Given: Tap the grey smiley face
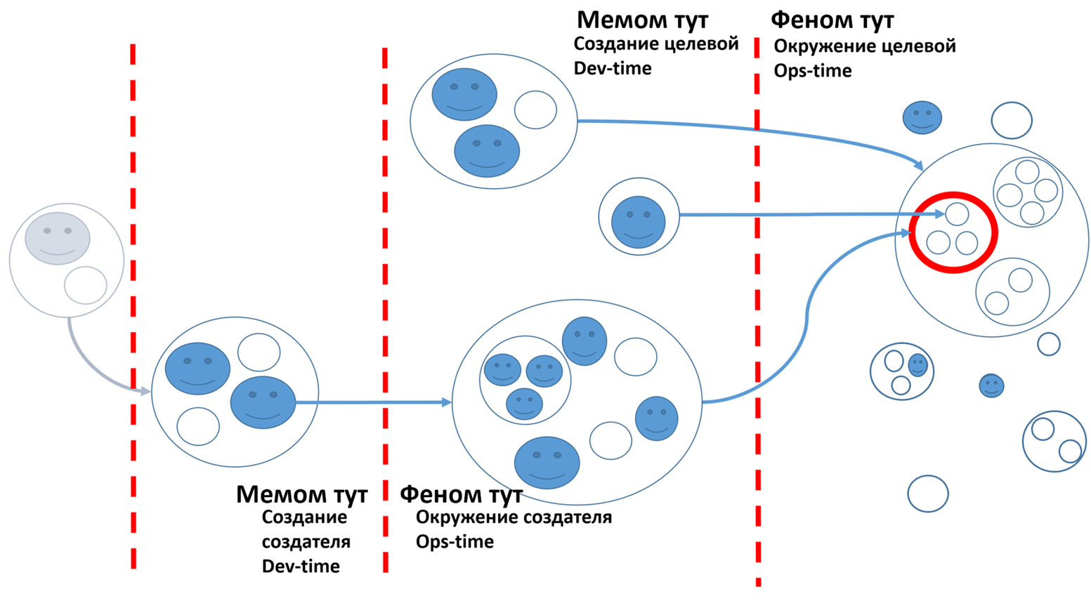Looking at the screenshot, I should [x=58, y=238].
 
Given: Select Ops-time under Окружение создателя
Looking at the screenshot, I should [x=455, y=541].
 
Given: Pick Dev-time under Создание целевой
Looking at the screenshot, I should [x=613, y=68].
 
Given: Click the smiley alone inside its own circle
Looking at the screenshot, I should [x=638, y=222].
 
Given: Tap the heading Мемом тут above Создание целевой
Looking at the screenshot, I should [x=642, y=19].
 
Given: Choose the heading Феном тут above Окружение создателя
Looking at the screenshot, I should [x=461, y=494].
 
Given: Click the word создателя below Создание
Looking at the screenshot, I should [x=306, y=542].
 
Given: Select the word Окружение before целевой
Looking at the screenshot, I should [x=824, y=46].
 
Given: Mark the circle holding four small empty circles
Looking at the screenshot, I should [x=1027, y=191].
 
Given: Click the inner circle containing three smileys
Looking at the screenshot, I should [x=525, y=379].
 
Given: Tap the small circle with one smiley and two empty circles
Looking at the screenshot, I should [x=902, y=371].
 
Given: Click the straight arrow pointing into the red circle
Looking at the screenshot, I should [x=808, y=214].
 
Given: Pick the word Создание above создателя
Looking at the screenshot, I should [x=304, y=517].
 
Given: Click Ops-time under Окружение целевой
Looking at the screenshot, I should [x=813, y=71].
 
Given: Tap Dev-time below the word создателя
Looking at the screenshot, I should [x=301, y=567].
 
